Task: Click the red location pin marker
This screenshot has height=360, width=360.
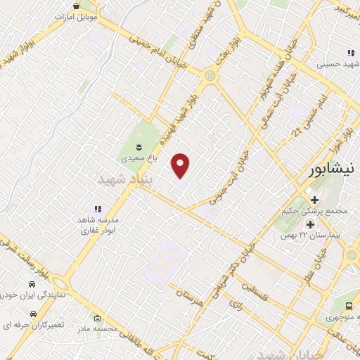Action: pos(181,166)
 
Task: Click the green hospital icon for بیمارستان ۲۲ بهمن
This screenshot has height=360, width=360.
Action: pos(310,224)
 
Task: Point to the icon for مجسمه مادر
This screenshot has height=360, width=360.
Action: pos(97,319)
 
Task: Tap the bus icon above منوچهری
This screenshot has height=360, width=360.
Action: pos(349,306)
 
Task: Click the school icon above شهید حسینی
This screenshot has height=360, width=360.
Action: pos(350,53)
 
